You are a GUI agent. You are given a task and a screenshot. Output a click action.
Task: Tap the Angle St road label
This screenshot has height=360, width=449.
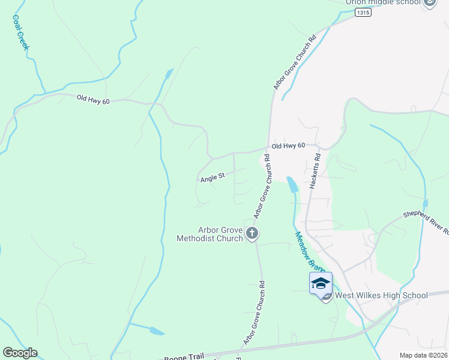[x=212, y=177]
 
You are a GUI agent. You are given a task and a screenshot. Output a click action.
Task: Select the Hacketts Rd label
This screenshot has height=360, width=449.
[x=315, y=172]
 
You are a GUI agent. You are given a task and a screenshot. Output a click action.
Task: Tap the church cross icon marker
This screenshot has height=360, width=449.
[x=253, y=233]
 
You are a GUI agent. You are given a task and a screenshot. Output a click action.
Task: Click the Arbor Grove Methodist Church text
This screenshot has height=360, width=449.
[x=210, y=234]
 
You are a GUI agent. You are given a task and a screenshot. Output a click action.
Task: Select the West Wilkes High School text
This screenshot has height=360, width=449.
[x=381, y=295]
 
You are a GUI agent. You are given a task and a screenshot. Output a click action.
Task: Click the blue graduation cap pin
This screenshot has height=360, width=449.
[x=321, y=283]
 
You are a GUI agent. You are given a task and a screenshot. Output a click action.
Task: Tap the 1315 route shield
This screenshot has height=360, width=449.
[x=362, y=12]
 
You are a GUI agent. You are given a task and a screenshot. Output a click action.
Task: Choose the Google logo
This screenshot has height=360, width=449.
[x=20, y=353]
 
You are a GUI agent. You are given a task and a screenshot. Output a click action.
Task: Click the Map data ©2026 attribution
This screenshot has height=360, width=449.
[x=423, y=355]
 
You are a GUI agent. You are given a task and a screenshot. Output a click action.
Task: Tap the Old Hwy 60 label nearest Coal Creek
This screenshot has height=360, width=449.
[x=93, y=101]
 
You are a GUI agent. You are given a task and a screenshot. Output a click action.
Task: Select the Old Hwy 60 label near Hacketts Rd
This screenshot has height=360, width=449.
[x=289, y=146]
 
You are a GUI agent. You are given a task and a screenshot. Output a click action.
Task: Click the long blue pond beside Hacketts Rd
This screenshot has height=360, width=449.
[x=292, y=185]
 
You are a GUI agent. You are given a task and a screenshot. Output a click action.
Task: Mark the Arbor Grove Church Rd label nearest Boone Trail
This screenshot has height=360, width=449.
[x=255, y=313]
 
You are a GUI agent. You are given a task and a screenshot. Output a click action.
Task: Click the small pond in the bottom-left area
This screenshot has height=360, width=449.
[x=155, y=331]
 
